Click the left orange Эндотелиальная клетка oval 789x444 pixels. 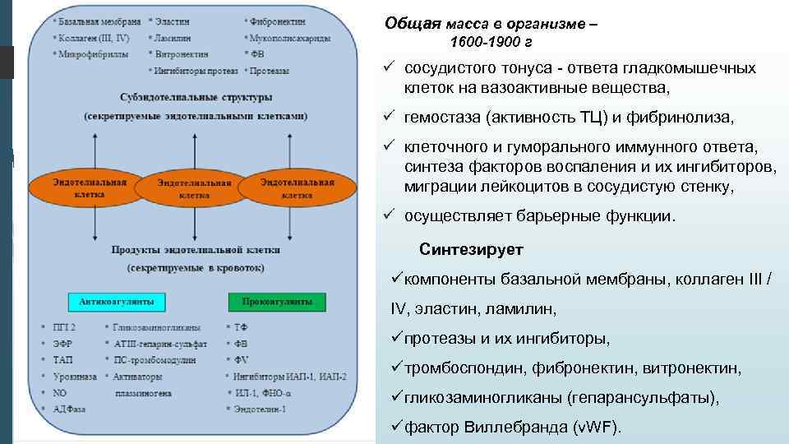click(x=90, y=187)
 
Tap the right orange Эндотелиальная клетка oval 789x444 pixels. click(x=297, y=187)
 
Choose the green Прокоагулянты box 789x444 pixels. click(x=277, y=301)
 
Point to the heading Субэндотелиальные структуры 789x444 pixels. click(x=195, y=97)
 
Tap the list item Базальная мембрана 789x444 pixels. click(x=98, y=20)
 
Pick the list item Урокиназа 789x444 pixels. click(x=75, y=377)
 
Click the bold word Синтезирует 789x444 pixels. click(x=471, y=249)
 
